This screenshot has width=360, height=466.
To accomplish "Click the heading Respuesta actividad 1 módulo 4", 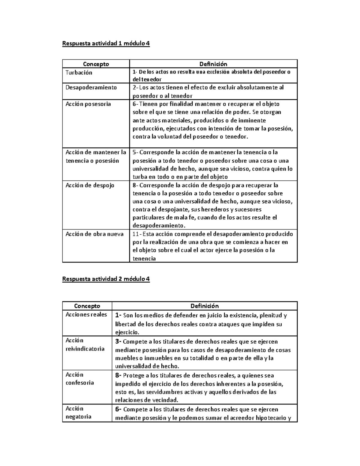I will point(106,44).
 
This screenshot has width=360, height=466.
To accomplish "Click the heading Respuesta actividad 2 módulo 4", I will point(106,279).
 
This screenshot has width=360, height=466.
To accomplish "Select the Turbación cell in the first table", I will point(79,73).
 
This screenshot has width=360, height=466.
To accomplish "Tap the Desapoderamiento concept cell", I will point(91,87).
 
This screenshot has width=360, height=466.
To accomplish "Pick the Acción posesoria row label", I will point(88,104).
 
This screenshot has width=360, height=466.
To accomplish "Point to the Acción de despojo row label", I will point(90,185).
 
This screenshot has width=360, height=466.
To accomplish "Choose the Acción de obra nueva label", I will point(94,234).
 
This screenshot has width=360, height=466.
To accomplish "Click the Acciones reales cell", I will point(86,314).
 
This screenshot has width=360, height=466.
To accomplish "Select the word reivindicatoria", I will point(85,349).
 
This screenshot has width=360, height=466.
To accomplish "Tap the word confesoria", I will point(80,383).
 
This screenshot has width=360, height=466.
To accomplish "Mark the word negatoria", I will point(78,416).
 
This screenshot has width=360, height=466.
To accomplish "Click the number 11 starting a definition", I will point(135,234).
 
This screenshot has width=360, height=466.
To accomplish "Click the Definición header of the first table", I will point(213,64).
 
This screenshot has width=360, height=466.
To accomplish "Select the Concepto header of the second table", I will point(87,306).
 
